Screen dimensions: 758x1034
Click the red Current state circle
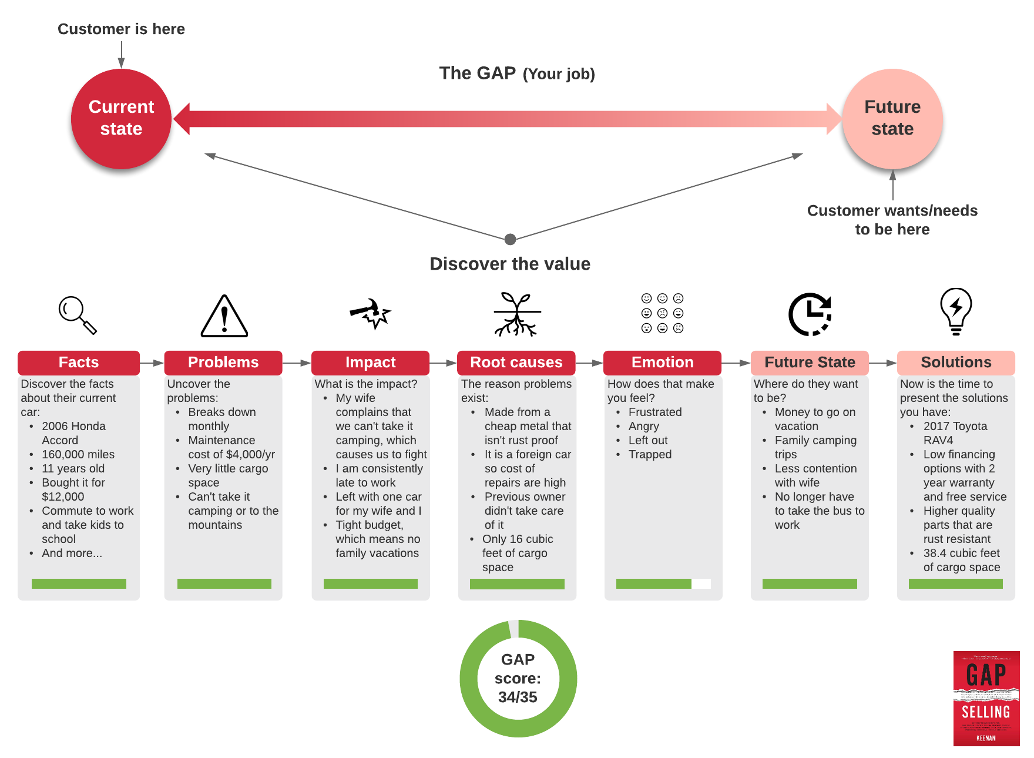121,119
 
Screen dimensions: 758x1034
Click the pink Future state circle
892,119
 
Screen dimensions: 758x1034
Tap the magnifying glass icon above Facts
77,315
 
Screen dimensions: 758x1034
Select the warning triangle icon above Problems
224,316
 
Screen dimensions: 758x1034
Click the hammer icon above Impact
370,314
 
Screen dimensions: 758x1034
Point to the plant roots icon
516,314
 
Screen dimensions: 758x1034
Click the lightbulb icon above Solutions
956,311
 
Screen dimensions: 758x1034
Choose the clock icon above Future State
810,314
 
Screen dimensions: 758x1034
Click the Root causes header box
516,363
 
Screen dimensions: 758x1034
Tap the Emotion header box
662,363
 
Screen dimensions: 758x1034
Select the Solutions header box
955,363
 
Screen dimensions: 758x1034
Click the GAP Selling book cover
986,698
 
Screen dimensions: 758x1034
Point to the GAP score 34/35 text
518,679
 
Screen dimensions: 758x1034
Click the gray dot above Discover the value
510,239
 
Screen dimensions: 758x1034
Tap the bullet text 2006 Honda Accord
73,433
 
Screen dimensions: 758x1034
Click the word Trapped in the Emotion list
650,454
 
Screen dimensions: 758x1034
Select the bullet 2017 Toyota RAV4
955,433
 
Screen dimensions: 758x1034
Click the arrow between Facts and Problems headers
152,363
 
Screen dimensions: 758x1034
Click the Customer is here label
121,29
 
